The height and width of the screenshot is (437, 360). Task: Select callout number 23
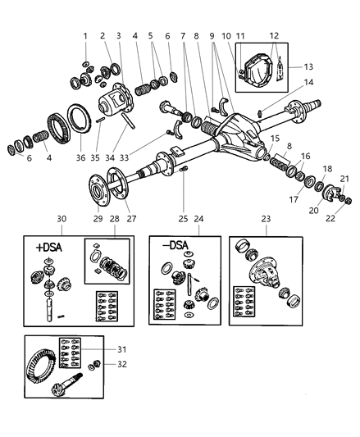point(265,220)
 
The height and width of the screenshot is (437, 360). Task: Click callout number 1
point(84,36)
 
